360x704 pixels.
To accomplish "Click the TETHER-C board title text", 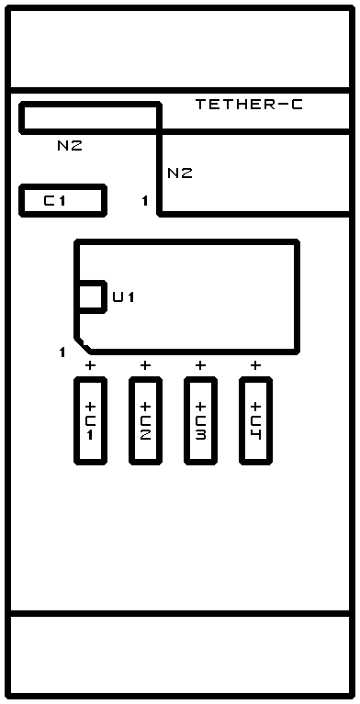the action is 249,105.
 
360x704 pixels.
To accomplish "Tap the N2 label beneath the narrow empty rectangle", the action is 70,145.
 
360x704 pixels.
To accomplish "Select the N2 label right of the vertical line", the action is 180,173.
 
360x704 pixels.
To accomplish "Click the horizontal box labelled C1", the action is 63,200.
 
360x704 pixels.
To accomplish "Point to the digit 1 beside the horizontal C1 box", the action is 145,201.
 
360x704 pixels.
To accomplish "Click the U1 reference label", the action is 124,296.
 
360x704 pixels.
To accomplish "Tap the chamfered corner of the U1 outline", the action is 83,345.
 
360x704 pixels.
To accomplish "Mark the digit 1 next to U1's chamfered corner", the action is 62,352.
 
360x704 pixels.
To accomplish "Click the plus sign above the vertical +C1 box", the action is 90,365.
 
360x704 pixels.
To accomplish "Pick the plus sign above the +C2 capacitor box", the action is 145,365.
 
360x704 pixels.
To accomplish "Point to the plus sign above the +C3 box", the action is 200,365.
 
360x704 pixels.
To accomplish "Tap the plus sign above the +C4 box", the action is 255,365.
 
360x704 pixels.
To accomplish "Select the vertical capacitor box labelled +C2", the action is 146,420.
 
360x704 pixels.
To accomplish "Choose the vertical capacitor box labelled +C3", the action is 200,420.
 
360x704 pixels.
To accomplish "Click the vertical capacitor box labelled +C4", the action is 255,420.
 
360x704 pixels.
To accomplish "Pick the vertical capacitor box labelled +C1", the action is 90,420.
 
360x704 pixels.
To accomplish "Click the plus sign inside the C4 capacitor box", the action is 255,408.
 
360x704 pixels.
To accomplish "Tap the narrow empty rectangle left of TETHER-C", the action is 90,117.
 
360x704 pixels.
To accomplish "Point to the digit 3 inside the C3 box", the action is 200,435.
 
